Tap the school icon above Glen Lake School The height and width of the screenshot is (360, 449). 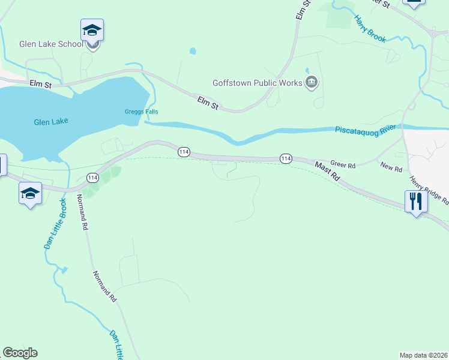click(x=92, y=30)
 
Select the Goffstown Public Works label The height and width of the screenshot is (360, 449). click(x=257, y=83)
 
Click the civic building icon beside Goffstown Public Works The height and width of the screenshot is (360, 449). click(x=311, y=83)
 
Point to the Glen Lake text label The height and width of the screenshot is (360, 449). click(x=51, y=121)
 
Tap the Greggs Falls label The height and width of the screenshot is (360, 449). click(x=141, y=112)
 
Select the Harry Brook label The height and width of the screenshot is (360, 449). click(x=369, y=28)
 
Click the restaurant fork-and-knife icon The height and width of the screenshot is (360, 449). click(x=415, y=201)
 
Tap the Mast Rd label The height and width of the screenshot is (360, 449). click(x=327, y=170)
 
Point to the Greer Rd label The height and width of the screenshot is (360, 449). click(x=343, y=164)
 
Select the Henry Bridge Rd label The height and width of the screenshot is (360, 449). click(x=429, y=190)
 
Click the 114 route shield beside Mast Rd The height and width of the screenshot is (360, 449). click(x=286, y=158)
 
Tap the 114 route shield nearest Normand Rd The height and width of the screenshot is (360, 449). click(x=92, y=178)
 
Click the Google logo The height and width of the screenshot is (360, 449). click(x=20, y=353)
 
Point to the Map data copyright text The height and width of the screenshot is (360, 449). click(x=423, y=355)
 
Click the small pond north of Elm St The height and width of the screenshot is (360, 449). click(x=193, y=51)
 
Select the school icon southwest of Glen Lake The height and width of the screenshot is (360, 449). click(x=30, y=193)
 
